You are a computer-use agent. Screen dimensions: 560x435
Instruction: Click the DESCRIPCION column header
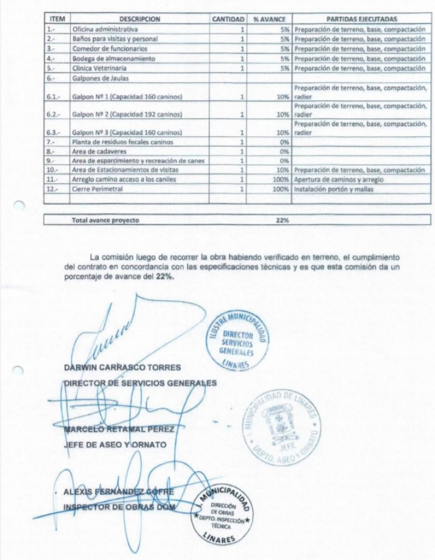[x=140, y=19]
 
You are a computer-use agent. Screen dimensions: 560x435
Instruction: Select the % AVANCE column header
[x=270, y=19]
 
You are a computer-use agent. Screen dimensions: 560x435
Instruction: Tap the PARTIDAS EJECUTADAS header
[x=361, y=19]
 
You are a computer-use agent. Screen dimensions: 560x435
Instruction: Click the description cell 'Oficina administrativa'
[x=105, y=28]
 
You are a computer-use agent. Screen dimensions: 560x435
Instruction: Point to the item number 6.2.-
[x=54, y=114]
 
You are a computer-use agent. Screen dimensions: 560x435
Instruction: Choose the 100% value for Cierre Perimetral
[x=281, y=189]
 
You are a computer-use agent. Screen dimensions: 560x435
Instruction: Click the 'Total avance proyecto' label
[x=105, y=220]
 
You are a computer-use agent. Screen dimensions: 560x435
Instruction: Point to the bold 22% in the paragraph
[x=164, y=277]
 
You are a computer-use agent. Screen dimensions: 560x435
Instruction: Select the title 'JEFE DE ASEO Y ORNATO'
[x=115, y=445]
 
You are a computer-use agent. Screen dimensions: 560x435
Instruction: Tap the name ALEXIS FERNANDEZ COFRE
[x=118, y=492]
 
